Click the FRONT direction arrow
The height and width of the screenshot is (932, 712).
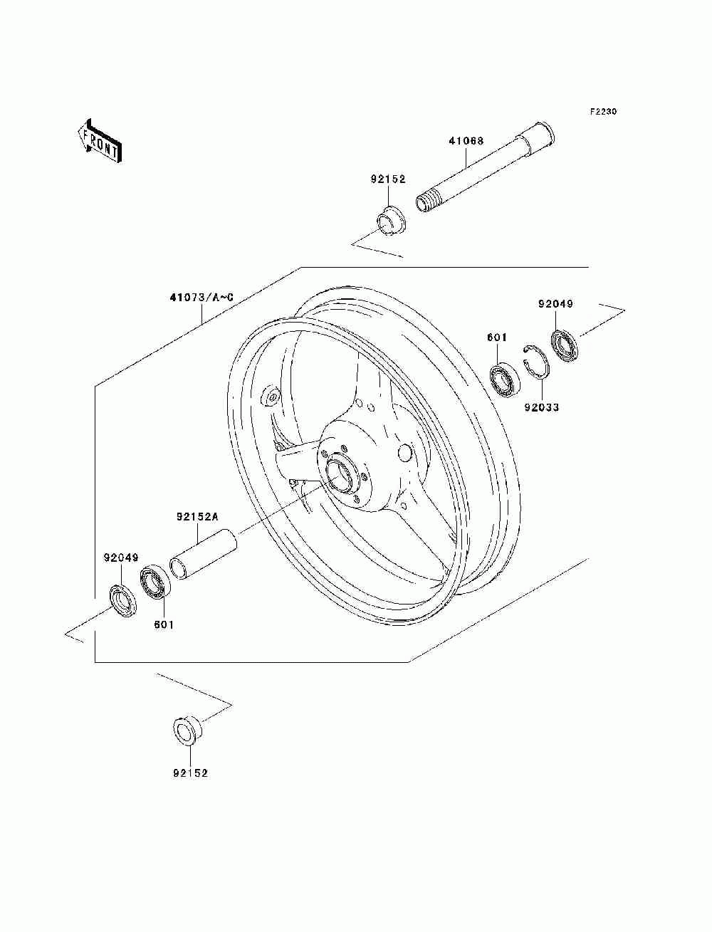[100, 140]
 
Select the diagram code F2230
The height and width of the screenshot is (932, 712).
[603, 112]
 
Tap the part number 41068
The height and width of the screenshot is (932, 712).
[466, 141]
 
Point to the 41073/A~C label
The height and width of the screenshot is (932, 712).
[201, 297]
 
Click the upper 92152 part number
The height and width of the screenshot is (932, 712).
[388, 179]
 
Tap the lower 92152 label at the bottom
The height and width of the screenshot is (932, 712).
[190, 773]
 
